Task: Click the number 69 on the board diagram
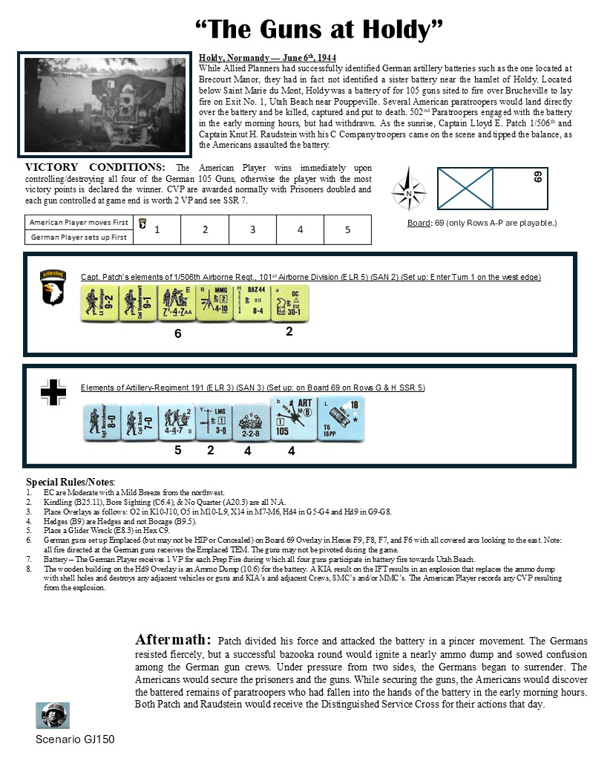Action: (537, 177)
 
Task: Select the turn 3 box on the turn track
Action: (252, 229)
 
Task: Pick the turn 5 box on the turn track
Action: (347, 229)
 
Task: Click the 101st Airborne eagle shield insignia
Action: (53, 287)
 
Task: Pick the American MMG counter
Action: (214, 304)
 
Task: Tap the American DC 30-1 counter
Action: (290, 304)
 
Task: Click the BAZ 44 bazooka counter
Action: (252, 304)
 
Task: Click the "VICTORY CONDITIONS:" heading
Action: (95, 168)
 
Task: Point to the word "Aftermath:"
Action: (174, 640)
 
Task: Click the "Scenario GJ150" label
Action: (75, 739)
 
